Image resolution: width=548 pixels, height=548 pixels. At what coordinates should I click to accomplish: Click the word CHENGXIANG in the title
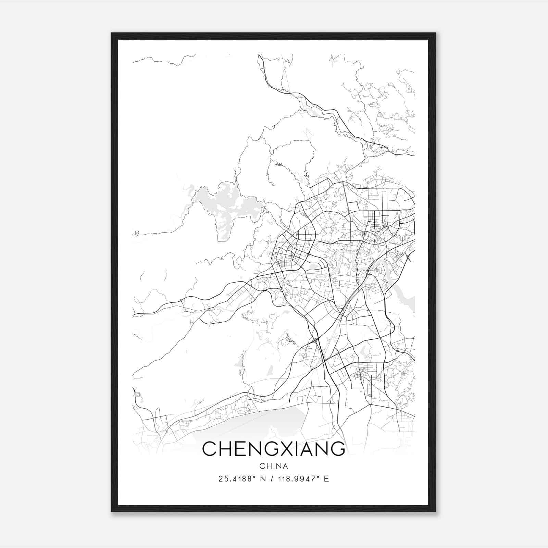click(273, 449)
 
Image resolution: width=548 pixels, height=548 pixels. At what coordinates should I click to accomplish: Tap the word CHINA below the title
click(273, 466)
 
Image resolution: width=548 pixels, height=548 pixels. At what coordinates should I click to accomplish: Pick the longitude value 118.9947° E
click(301, 479)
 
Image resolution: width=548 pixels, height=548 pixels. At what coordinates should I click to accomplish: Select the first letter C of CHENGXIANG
click(209, 449)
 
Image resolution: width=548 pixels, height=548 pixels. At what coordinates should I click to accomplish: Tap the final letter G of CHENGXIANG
click(337, 449)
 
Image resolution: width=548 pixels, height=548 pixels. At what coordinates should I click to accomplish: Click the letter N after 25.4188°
click(263, 479)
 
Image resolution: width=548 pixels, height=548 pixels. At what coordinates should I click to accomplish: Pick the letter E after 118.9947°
click(326, 479)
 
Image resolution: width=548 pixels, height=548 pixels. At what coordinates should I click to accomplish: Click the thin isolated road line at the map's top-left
click(158, 61)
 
